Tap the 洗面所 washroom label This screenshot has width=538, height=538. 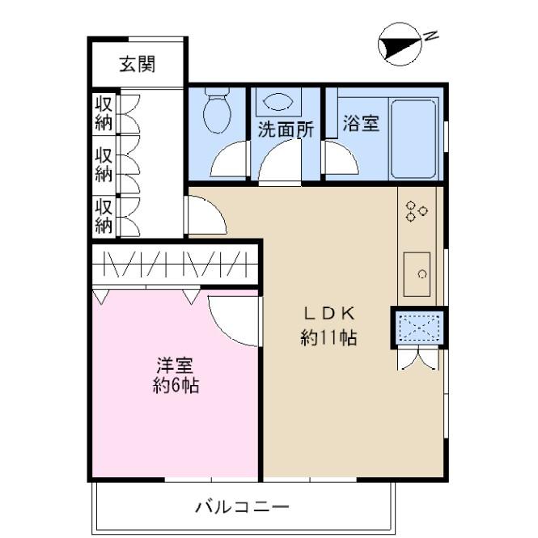286,129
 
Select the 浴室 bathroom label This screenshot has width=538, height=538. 360,124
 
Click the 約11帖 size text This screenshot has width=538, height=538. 329,338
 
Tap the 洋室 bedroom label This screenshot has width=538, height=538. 175,365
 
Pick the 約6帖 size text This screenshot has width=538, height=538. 176,386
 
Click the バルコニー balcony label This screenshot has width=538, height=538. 241,507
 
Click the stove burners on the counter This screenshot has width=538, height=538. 417,210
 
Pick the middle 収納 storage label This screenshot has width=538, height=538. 104,164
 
